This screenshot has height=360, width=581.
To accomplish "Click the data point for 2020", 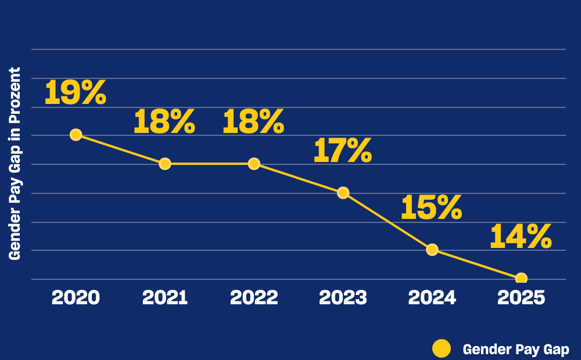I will coord(76,135).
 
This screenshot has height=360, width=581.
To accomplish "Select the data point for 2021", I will coord(165,164).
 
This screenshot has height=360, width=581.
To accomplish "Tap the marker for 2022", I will coord(254,164).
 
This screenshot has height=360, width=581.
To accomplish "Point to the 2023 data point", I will coord(343,193).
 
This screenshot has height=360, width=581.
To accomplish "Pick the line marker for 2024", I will coord(432,250).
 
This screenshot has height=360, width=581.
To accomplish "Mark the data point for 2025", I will coord(521,278).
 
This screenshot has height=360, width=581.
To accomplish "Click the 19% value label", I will coord(76,93).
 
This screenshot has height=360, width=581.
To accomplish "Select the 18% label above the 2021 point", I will coord(164,122).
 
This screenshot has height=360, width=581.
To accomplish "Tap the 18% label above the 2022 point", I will coord(253,122).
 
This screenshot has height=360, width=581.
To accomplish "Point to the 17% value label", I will coord(342,151).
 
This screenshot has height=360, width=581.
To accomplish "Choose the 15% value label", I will coord(431,208).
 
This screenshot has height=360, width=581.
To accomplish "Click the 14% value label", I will coord(521,237).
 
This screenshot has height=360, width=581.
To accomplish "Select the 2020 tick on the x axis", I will coord(76,298).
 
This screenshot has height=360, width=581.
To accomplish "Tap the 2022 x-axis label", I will coord(254,298).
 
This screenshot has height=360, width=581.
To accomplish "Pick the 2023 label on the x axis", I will coord(343,298).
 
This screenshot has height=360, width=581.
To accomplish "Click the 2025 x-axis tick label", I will coord(521,298).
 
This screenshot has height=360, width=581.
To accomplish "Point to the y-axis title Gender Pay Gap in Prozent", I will coord(15,164).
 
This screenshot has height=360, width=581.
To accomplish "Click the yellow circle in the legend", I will coord(442,348).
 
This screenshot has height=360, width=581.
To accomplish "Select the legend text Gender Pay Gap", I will coord(516,350).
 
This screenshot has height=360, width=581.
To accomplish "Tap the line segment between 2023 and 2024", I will coord(388,221).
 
